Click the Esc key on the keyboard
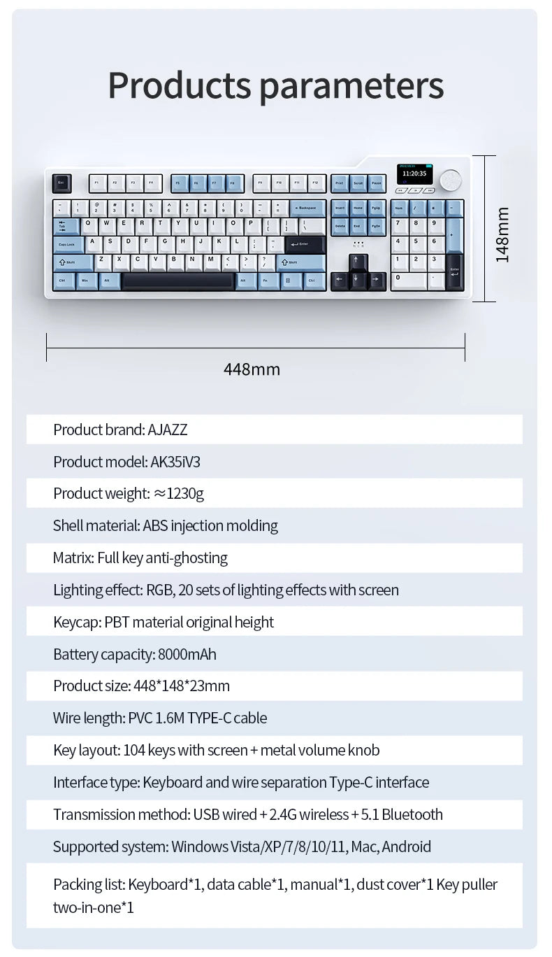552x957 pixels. [x=61, y=183]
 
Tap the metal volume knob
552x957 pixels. [x=451, y=179]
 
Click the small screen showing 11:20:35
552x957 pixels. [x=414, y=173]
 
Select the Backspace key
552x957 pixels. [x=307, y=208]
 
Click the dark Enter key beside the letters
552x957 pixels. [x=305, y=244]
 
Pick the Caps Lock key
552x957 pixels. [x=68, y=244]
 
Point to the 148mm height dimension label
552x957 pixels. [x=502, y=234]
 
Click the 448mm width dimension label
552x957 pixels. [x=252, y=369]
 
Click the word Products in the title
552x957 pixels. [x=179, y=85]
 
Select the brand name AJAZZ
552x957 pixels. [x=168, y=430]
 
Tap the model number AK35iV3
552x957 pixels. [x=175, y=462]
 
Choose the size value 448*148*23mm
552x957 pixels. [x=181, y=686]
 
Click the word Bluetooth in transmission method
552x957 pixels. [x=412, y=815]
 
